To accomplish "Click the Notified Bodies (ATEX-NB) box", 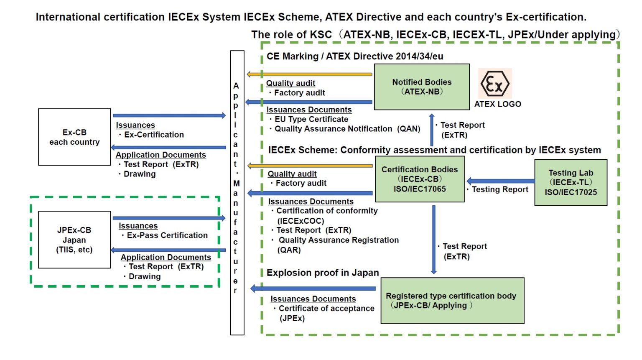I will click(x=421, y=87).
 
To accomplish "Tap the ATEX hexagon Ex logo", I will click(x=495, y=84).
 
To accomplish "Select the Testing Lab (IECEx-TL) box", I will click(x=571, y=182).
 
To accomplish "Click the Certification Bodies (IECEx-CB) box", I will click(x=420, y=179).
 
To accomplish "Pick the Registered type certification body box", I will click(x=452, y=301).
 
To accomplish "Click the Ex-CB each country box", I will click(x=74, y=137).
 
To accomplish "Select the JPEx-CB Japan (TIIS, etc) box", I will click(x=74, y=240).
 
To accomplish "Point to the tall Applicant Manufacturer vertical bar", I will click(x=237, y=192).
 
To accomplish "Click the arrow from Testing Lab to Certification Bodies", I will click(x=500, y=181).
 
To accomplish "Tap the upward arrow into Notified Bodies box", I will click(x=432, y=130).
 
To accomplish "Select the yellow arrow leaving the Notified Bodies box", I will click(x=309, y=74).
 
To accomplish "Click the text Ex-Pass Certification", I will click(x=167, y=235).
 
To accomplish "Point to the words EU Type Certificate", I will click(x=311, y=119).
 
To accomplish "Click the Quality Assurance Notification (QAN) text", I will click(x=347, y=129).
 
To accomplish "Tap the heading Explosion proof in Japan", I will click(x=323, y=273).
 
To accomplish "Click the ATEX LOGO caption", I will click(x=497, y=104).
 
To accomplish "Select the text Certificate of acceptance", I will click(x=326, y=309).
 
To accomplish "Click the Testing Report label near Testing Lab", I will click(x=499, y=189).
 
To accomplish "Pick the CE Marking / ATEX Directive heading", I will click(x=355, y=56).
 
